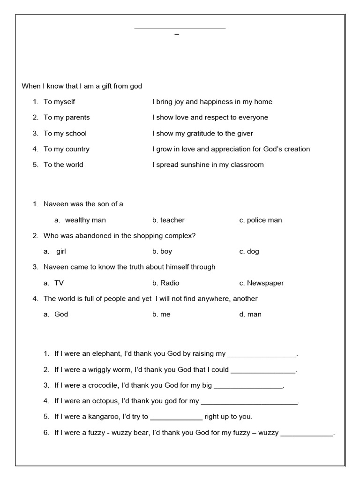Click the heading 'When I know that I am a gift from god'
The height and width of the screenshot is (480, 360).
[x=82, y=86]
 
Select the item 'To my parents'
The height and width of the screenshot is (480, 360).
[x=67, y=117]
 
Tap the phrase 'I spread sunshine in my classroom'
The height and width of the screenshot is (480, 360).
[x=208, y=165]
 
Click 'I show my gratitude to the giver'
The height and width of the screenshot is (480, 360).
[x=202, y=134]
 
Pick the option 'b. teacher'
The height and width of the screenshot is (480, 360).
[x=168, y=220]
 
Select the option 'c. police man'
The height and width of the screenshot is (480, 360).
[x=260, y=220]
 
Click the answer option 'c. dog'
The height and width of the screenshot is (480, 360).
[x=249, y=251]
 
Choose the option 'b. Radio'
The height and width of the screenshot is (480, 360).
[x=165, y=283]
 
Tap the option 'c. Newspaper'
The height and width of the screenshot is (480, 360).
[x=261, y=283]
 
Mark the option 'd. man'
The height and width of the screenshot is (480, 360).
[x=250, y=315]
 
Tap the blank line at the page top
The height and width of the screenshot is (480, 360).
[x=180, y=29]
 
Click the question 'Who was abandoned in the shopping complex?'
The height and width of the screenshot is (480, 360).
[x=120, y=236]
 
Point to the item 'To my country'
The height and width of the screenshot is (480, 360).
[x=67, y=149]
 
